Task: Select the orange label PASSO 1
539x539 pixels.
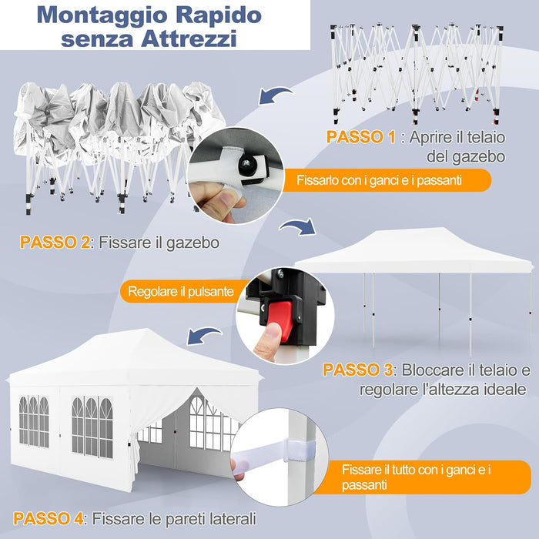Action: (361, 138)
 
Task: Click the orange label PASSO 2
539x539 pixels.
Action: (55, 243)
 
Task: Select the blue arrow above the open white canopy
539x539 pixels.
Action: (297, 229)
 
